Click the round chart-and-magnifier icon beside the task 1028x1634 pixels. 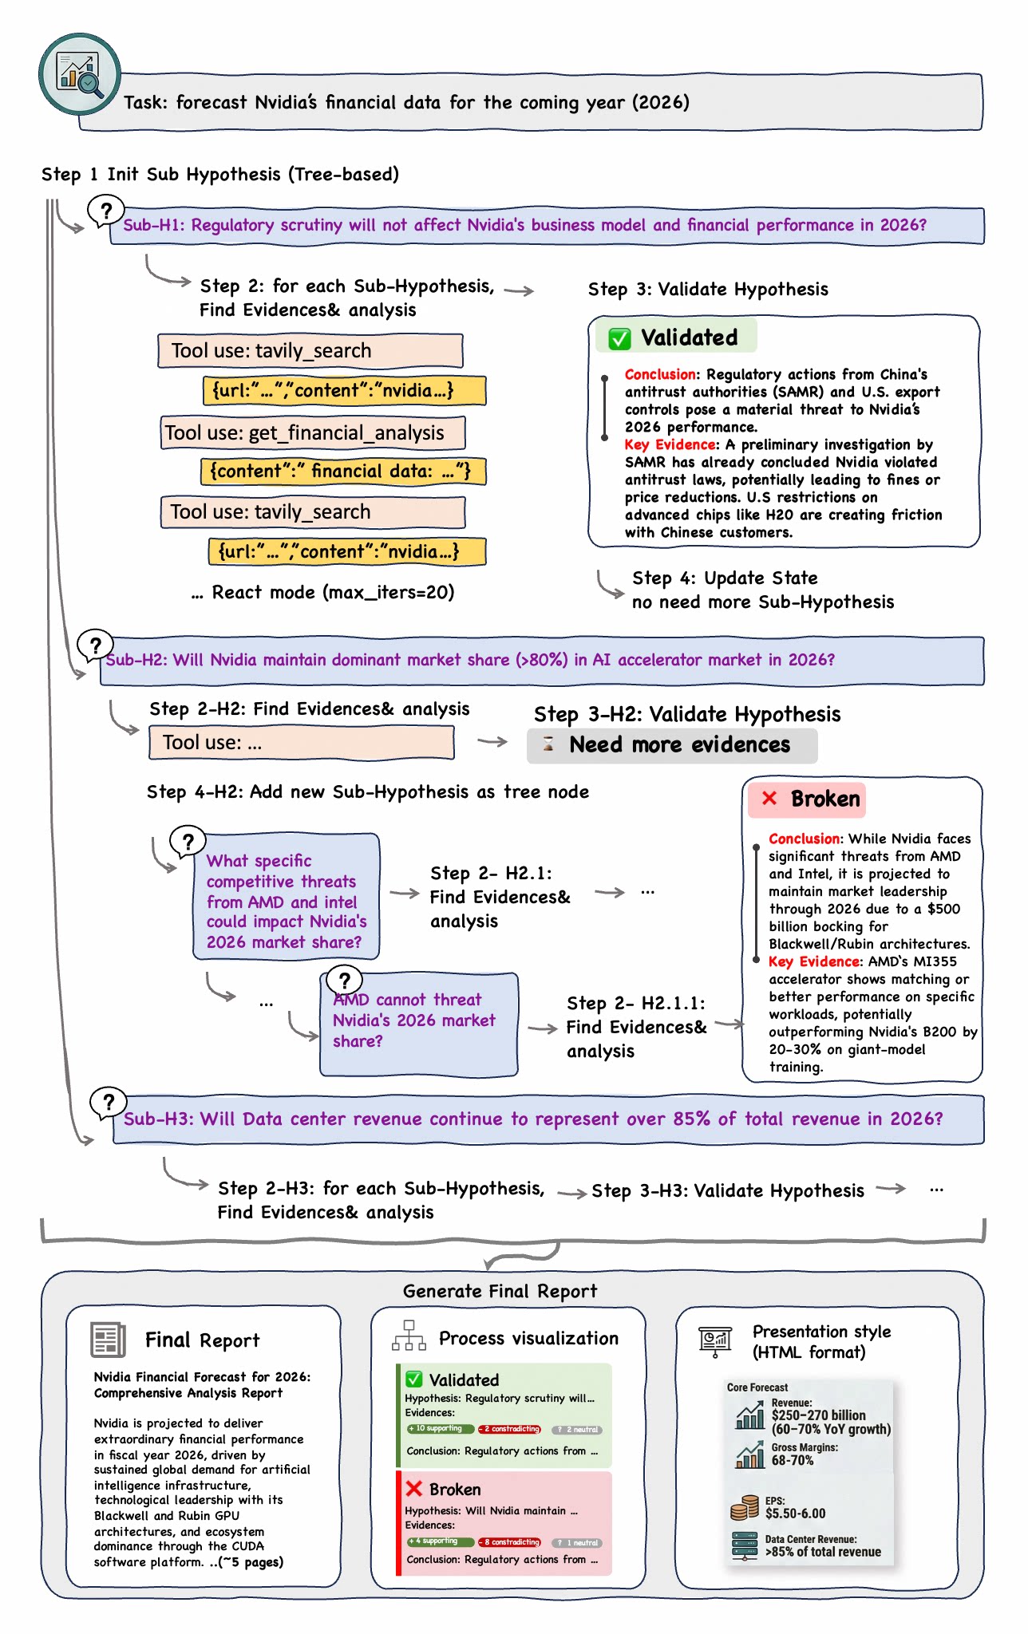(x=80, y=74)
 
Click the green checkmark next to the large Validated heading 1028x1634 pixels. (x=619, y=338)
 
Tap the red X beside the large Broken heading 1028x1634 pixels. (x=769, y=799)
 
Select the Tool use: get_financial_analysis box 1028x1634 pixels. (x=312, y=433)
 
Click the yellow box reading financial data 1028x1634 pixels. (x=342, y=472)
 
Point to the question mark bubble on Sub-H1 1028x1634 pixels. (x=105, y=212)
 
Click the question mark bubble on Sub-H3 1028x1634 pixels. (x=109, y=1103)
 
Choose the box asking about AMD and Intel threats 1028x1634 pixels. (x=286, y=898)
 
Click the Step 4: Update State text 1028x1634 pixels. (x=724, y=578)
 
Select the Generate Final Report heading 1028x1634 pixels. (x=500, y=1291)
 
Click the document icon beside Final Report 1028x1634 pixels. (x=109, y=1340)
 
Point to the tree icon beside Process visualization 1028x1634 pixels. (x=409, y=1336)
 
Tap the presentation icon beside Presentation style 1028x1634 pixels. (x=715, y=1340)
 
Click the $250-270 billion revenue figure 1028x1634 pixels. (x=818, y=1415)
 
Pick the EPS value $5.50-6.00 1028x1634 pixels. (x=795, y=1514)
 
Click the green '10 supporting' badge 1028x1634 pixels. (x=440, y=1428)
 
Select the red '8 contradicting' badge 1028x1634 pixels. (x=510, y=1542)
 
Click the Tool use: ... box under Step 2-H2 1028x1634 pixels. (x=301, y=743)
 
